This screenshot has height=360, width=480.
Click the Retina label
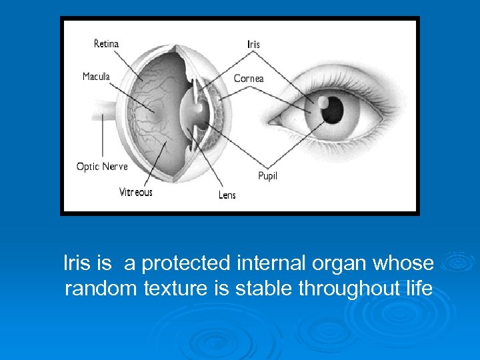(x=106, y=44)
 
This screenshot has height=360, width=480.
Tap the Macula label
(x=97, y=77)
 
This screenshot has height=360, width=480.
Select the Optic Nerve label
(x=102, y=166)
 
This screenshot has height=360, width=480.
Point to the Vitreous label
(x=135, y=192)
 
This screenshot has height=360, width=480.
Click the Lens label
(x=227, y=195)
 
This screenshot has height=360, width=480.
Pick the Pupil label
(x=267, y=176)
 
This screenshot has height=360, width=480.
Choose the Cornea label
(x=249, y=79)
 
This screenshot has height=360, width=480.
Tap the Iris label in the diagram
(x=254, y=45)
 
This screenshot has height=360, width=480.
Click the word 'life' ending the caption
(x=419, y=289)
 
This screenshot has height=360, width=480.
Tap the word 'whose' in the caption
(x=404, y=263)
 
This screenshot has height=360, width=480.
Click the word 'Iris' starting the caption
(x=76, y=263)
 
